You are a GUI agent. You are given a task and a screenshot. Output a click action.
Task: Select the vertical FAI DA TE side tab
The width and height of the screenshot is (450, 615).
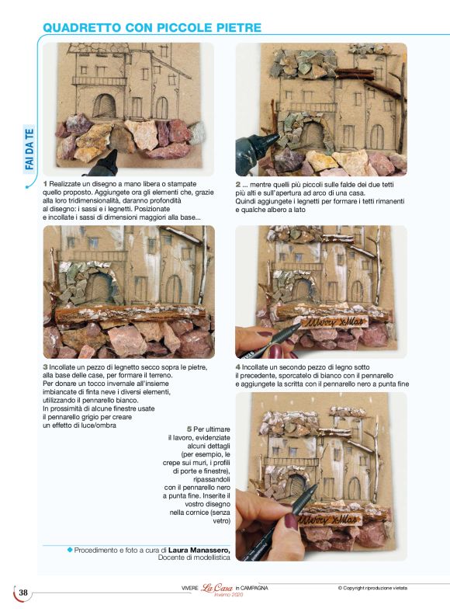tap(29, 151)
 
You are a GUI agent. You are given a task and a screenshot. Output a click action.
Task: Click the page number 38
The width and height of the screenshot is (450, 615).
tap(23, 592)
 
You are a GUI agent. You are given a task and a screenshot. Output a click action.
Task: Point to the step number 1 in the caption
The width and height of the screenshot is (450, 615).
tap(46, 183)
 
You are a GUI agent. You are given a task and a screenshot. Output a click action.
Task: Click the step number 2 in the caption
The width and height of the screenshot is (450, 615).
tap(238, 184)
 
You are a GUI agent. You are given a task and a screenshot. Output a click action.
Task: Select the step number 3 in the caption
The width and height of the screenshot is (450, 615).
tap(46, 367)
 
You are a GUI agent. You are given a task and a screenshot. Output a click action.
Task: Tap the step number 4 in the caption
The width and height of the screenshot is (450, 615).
tap(238, 367)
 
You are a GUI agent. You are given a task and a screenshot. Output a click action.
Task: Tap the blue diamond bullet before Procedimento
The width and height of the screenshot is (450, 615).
tap(69, 550)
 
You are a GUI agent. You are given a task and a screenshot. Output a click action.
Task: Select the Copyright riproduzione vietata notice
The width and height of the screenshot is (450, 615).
tap(373, 588)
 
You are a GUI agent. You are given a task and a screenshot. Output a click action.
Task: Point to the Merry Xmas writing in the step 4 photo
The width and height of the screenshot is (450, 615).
tap(319, 321)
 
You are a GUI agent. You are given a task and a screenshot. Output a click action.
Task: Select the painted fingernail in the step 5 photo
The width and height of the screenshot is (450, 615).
tap(291, 521)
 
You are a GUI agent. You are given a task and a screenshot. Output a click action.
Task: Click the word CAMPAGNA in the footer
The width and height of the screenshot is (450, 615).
tap(254, 588)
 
